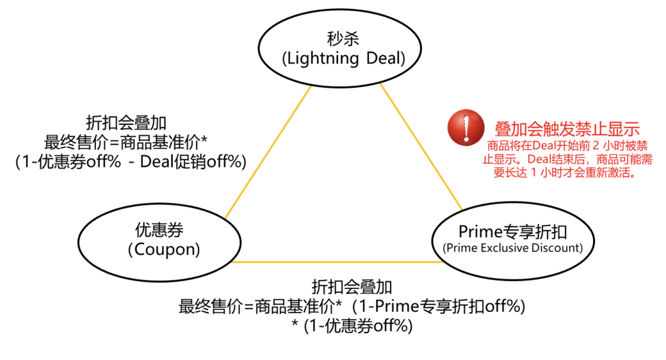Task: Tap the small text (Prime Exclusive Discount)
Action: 512,248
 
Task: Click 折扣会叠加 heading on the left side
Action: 126,122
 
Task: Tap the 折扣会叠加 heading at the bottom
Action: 352,286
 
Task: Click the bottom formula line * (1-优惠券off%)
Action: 352,326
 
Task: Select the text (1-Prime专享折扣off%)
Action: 442,306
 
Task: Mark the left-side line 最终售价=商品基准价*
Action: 126,142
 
